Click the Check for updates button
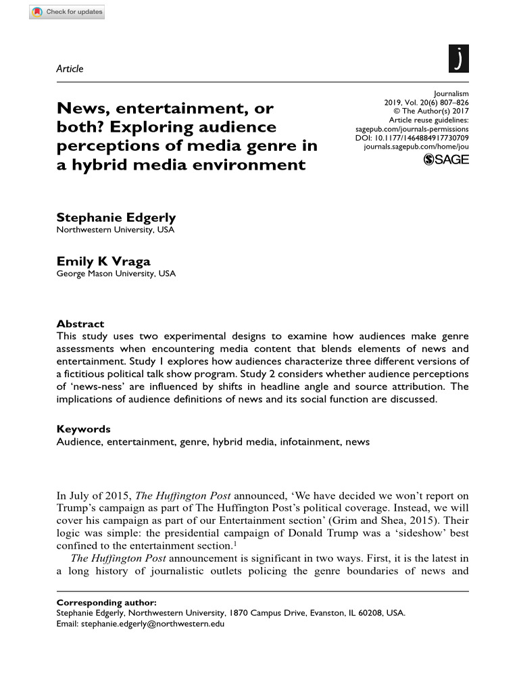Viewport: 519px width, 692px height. [x=67, y=12]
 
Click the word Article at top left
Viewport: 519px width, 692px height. [x=70, y=68]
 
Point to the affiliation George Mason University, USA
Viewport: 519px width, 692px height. [x=116, y=274]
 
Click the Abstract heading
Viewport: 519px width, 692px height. [x=80, y=324]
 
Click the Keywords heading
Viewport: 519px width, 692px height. [x=83, y=429]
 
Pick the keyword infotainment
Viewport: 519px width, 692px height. [x=312, y=441]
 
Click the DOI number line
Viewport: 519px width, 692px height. [x=412, y=137]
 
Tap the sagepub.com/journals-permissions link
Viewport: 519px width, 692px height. [x=412, y=128]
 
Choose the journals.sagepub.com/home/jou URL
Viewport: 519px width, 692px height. [x=416, y=146]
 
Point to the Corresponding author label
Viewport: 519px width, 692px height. [x=106, y=601]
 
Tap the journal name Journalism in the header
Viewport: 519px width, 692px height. [x=451, y=94]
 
